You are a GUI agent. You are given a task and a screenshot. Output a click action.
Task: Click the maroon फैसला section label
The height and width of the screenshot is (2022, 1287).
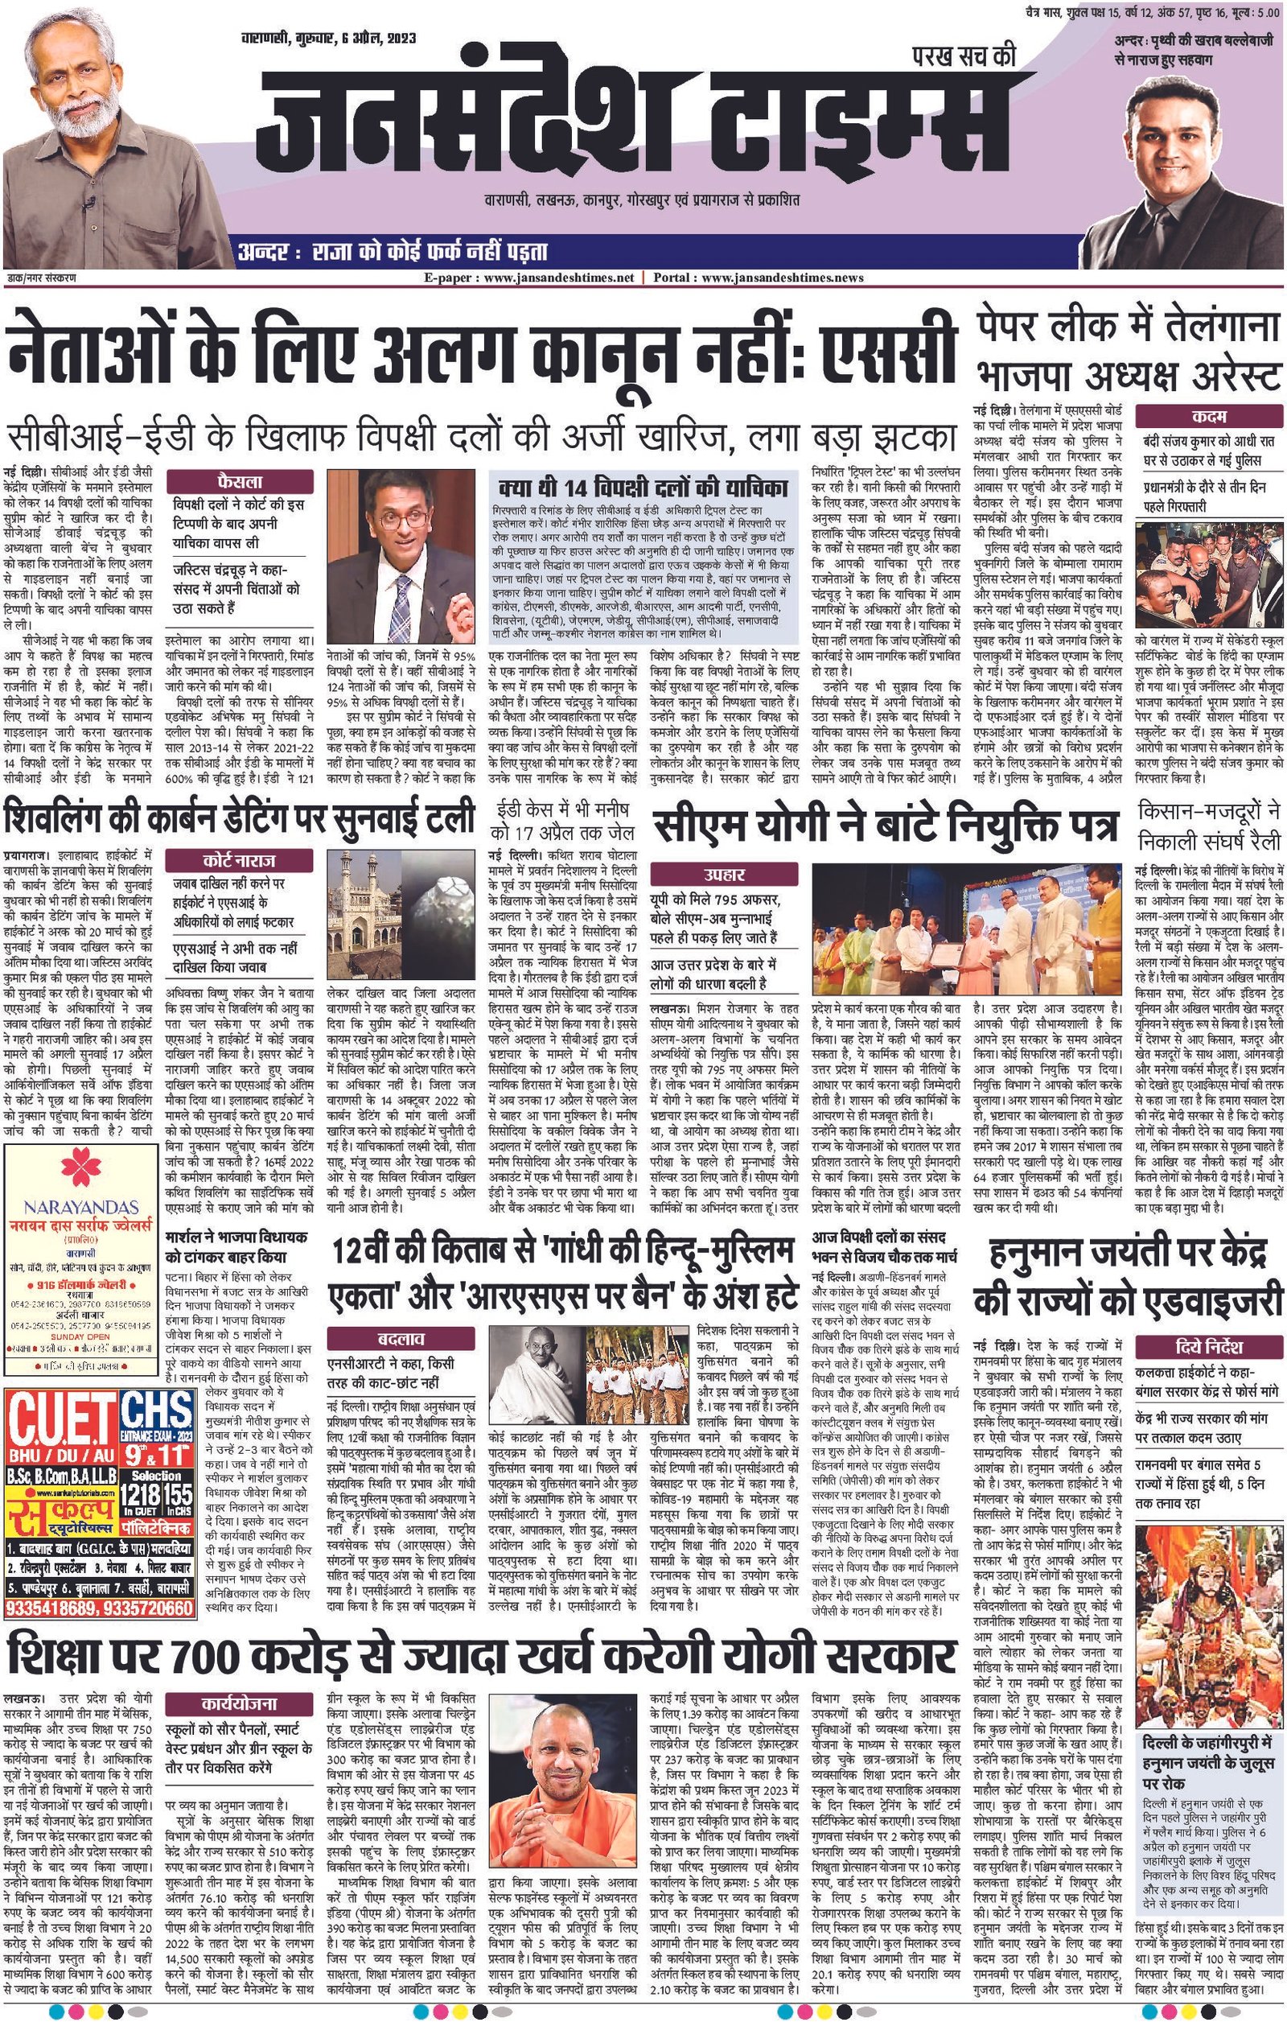pos(239,482)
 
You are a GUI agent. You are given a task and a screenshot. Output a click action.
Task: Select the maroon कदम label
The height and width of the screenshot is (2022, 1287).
pos(1209,417)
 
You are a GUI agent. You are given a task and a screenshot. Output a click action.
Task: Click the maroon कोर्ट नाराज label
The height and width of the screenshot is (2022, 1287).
pos(239,861)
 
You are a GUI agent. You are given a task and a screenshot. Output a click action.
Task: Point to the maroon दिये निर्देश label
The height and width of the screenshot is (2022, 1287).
pos(1209,1348)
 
